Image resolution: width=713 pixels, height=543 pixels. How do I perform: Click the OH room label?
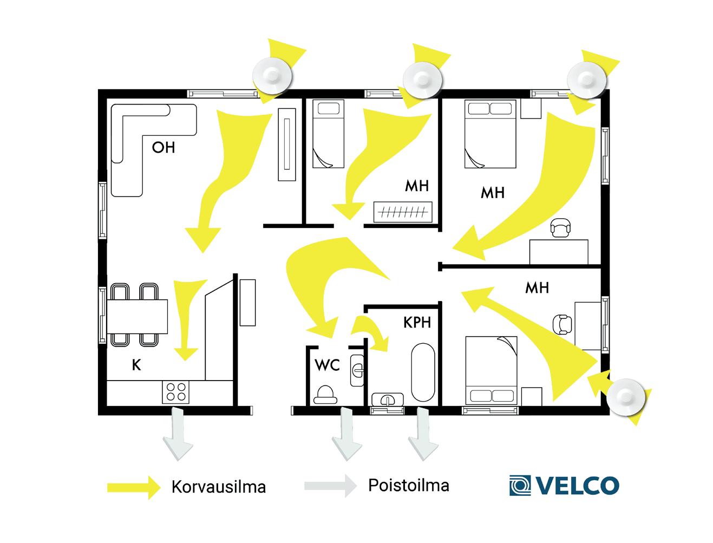[163, 147]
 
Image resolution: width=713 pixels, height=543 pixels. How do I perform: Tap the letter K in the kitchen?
[136, 365]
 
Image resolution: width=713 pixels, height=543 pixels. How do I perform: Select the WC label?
[327, 365]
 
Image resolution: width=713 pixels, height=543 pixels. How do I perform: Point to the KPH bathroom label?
[417, 322]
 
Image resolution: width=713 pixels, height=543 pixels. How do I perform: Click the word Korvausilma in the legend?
[218, 486]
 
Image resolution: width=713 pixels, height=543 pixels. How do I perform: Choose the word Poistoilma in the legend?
[408, 485]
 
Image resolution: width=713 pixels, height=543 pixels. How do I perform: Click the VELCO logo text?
[577, 485]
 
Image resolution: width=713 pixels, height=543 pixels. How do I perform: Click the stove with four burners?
[176, 391]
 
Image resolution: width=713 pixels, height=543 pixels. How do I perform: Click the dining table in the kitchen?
[137, 316]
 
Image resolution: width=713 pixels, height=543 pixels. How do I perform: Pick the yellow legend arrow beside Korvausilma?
[133, 487]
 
